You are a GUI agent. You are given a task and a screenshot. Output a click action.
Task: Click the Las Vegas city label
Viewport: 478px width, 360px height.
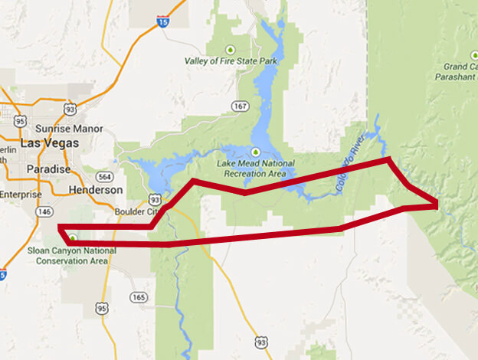45,143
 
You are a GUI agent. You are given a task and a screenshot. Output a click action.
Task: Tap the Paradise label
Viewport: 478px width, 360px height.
48,169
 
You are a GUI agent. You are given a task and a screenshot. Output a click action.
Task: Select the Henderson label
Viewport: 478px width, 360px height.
95,189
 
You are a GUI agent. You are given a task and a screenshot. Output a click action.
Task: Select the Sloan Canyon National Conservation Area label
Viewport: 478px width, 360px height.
73,255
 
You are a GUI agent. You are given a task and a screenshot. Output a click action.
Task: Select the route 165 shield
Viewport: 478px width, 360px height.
138,297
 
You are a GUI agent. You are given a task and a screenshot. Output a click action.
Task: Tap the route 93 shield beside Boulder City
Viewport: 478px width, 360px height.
154,198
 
